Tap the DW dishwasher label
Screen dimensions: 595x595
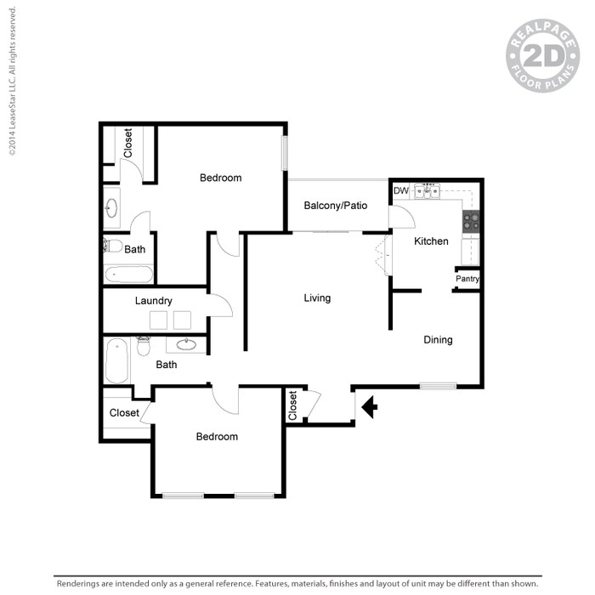pyautogui.click(x=400, y=190)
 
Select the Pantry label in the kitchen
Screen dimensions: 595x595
pyautogui.click(x=467, y=279)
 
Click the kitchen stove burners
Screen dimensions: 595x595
pyautogui.click(x=471, y=222)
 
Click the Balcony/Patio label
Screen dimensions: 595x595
pyautogui.click(x=335, y=206)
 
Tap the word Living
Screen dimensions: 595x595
pyautogui.click(x=318, y=298)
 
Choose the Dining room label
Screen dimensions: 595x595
pyautogui.click(x=439, y=340)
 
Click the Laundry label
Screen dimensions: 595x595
pyautogui.click(x=154, y=301)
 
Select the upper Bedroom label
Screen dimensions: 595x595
pyautogui.click(x=221, y=178)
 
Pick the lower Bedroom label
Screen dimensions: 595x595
pyautogui.click(x=217, y=437)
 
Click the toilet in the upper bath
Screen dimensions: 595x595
pyautogui.click(x=113, y=246)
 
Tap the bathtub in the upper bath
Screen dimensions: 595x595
pyautogui.click(x=129, y=275)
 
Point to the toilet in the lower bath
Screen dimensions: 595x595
pyautogui.click(x=144, y=346)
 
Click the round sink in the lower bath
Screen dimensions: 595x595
pyautogui.click(x=186, y=345)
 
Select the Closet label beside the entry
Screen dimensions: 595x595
pyautogui.click(x=293, y=405)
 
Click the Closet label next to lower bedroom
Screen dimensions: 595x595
pyautogui.click(x=124, y=413)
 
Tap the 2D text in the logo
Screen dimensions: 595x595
pyautogui.click(x=542, y=57)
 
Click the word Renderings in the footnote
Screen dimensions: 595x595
pyautogui.click(x=82, y=584)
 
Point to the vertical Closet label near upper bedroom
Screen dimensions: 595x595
pyautogui.click(x=128, y=143)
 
